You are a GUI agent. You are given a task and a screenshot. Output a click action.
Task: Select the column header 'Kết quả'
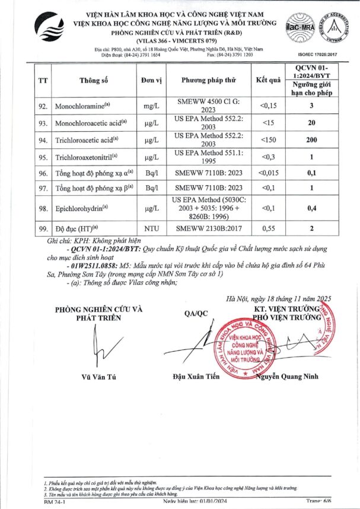click(268, 80)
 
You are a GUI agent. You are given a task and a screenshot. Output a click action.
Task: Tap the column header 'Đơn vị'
click(152, 80)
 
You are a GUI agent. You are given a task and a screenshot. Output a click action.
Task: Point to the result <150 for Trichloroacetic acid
click(268, 140)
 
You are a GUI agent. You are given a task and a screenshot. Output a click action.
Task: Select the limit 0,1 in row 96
click(326, 173)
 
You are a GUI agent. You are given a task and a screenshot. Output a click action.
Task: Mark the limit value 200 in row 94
click(326, 140)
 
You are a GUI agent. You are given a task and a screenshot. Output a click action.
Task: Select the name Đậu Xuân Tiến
click(196, 377)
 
